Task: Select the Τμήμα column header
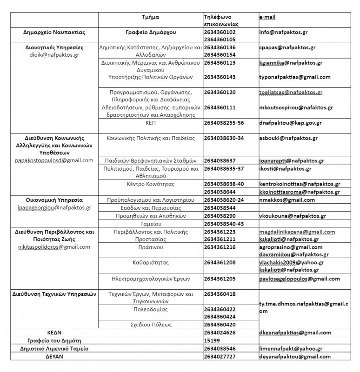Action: (150, 16)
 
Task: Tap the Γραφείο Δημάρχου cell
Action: (150, 33)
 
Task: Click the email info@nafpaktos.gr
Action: (283, 33)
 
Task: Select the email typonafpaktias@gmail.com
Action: (295, 77)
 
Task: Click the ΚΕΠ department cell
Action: (151, 123)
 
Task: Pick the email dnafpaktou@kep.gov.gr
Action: (290, 123)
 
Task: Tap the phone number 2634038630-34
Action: (227, 138)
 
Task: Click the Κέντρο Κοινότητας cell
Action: (150, 184)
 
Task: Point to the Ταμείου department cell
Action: (151, 224)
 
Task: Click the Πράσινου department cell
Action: (150, 247)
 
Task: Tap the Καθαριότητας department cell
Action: (150, 263)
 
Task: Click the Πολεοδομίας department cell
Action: (150, 309)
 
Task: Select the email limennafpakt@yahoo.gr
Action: (291, 349)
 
